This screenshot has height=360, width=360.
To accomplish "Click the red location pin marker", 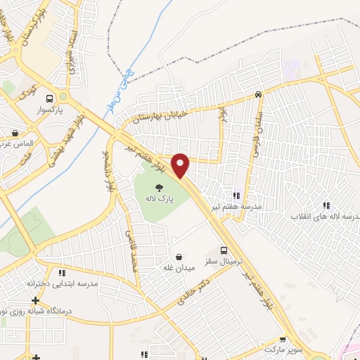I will point(181,165).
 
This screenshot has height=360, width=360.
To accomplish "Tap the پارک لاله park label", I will point(160,199).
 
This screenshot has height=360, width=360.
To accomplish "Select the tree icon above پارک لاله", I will point(160,187).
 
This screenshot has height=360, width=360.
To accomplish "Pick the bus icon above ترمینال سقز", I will point(224,250).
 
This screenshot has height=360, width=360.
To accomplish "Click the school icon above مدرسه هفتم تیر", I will point(236,195).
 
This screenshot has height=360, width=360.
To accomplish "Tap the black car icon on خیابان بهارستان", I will point(259,94).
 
